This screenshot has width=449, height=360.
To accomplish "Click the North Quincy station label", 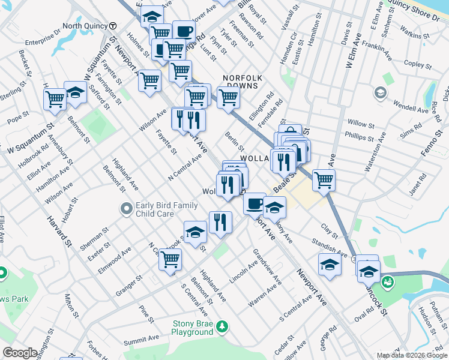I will click(x=85, y=26).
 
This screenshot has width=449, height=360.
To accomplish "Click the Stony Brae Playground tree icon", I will click(x=223, y=326).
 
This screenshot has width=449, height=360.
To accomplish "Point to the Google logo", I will click(x=20, y=353).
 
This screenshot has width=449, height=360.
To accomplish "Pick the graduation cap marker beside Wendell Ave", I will click(x=379, y=92).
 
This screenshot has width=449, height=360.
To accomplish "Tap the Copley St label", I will click(x=414, y=62).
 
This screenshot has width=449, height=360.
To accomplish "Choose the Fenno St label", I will click(x=432, y=145).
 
